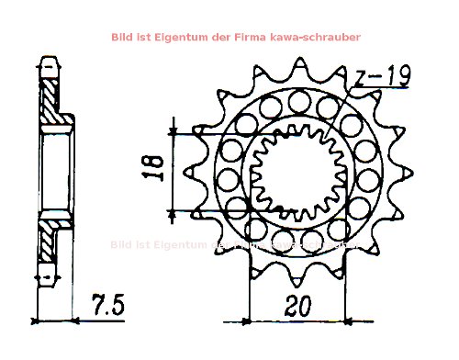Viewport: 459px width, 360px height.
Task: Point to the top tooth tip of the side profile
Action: point(48,62)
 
